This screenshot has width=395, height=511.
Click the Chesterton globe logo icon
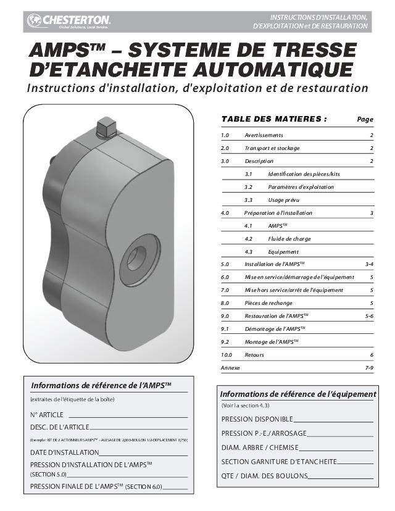pos(35,21)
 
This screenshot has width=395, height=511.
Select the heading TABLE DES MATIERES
pos(273,119)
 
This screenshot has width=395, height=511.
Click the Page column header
pos(365,119)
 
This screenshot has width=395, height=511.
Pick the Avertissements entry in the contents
pos(264,135)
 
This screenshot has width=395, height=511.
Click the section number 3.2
pos(249,187)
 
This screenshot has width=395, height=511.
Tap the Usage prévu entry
pos(283,200)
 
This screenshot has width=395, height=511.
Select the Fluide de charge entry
pos(289,239)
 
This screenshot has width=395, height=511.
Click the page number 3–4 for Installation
pos(369,264)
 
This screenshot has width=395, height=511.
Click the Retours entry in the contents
pos(254,355)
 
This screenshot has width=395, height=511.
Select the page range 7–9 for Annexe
pos(369,368)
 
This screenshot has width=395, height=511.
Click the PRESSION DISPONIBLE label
pos(257,419)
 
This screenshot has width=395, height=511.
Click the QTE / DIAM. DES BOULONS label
pos(264,476)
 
